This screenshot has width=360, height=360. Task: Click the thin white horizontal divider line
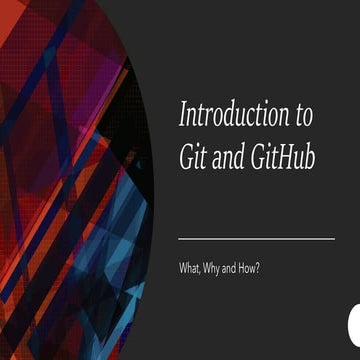coord(256,239)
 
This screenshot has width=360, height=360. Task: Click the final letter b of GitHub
coord(307,156)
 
